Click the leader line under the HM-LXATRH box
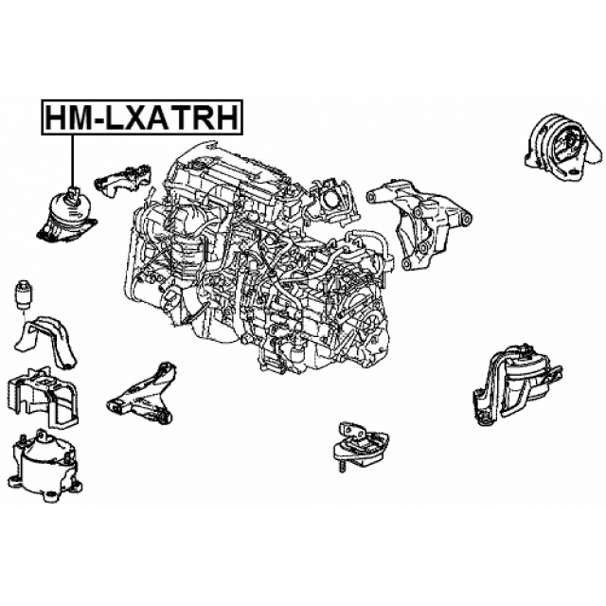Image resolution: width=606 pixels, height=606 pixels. pos(72,161)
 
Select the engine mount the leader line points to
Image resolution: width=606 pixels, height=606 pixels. pos(66,217)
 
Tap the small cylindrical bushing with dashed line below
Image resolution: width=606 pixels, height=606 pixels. pos(24,294)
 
